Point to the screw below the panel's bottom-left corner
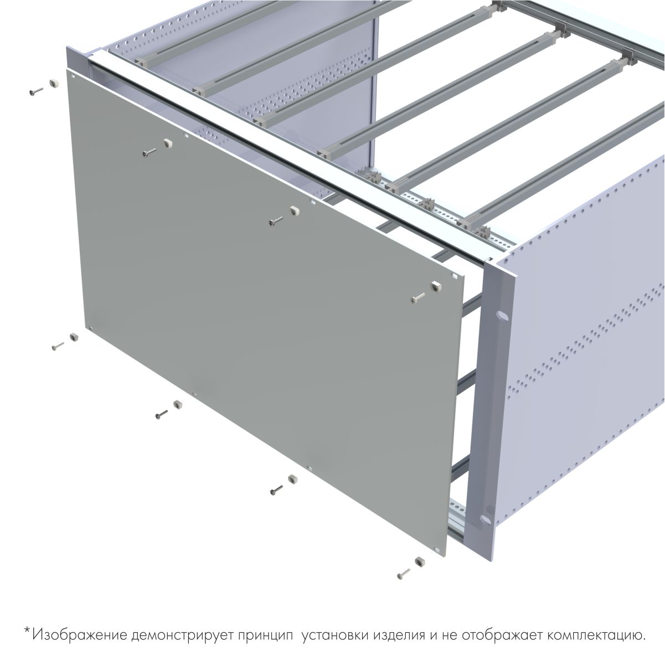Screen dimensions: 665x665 58,346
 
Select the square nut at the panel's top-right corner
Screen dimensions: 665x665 435,287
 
